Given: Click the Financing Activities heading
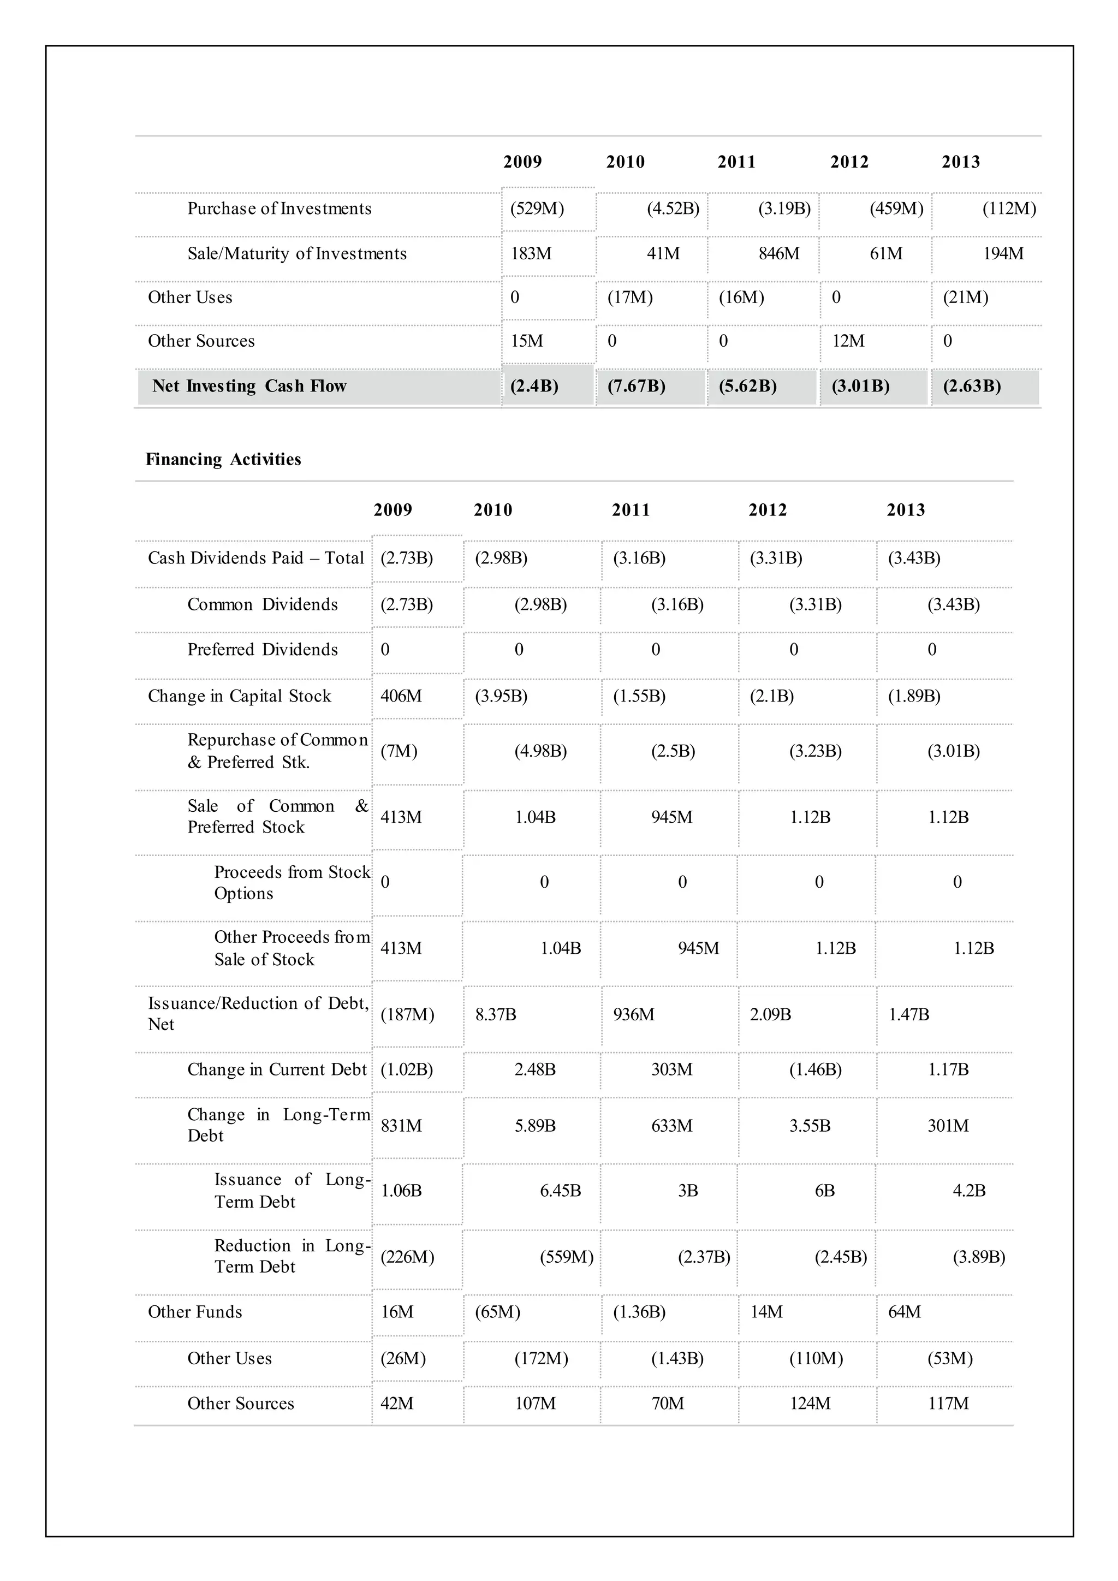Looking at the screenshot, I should point(223,459).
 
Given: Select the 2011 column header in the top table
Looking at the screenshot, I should point(736,162).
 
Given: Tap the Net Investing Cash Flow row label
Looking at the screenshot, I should point(249,387).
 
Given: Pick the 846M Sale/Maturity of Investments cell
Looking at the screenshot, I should point(778,253).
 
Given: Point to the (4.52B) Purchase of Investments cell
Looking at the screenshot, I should point(673,209).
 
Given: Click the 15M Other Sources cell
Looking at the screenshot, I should point(527,341).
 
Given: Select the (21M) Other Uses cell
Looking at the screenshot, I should point(965,298).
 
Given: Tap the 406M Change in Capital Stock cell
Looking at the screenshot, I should point(401,696).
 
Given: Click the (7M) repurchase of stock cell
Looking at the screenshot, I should point(399,751).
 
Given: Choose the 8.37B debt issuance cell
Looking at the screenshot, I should point(495,1014).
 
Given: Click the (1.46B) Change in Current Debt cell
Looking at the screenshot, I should point(815,1069).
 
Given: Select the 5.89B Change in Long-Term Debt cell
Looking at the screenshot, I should point(535,1126).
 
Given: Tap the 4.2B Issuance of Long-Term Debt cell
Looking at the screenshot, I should point(968,1191).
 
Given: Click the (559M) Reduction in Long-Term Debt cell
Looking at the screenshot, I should point(566,1257).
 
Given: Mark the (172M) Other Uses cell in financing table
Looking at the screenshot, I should point(541,1359).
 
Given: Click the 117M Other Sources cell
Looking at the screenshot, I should point(948,1404).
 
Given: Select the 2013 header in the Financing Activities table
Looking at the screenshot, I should point(905,510).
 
